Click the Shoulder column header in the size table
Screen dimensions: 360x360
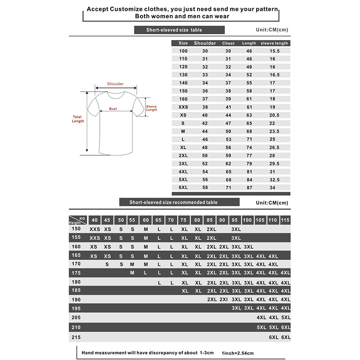point(205,43)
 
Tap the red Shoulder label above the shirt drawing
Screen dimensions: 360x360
point(115,84)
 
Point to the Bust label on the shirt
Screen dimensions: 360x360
point(112,109)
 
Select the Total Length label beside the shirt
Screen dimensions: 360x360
point(78,119)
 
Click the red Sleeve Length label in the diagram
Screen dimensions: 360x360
point(152,108)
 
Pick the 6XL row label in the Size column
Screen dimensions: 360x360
point(183,187)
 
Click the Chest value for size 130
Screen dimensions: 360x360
point(228,74)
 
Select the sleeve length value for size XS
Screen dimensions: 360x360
point(274,115)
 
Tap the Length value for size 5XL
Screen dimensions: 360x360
point(249,180)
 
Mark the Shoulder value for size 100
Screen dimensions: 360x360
point(205,51)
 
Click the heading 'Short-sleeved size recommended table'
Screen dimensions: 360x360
point(173,202)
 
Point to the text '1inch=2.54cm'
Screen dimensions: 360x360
point(238,353)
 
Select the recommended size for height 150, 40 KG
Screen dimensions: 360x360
point(94,229)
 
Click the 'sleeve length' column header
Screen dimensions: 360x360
point(274,43)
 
